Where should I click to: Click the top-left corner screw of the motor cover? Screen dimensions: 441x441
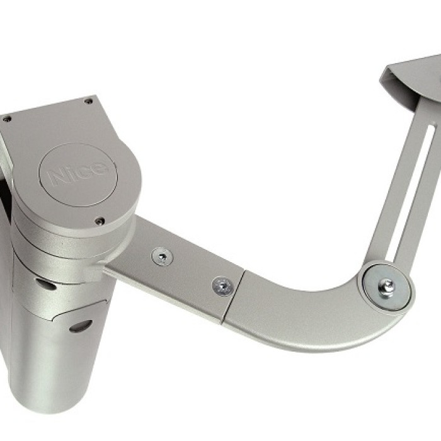coord(6,119)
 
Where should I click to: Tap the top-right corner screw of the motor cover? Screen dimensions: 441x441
coord(89,101)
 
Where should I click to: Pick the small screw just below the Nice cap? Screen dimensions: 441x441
coord(100,221)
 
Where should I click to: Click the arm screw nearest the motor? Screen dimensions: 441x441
coord(163,256)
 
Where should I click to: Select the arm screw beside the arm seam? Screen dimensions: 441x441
coord(223,286)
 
